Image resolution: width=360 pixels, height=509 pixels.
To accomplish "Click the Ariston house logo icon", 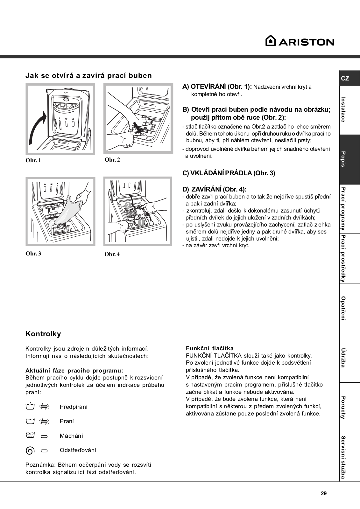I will pos(270,41).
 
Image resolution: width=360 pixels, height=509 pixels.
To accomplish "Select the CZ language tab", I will pos(345,78).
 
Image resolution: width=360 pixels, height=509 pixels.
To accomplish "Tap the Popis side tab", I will pos(343,159).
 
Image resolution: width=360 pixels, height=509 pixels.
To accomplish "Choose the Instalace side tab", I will pos(343,109).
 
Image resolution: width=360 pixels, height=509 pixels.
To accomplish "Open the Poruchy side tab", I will pos(343,407).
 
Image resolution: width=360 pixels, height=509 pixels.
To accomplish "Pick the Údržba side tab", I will pos(343,358).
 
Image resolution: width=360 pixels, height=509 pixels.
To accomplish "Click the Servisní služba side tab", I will pos(343,457).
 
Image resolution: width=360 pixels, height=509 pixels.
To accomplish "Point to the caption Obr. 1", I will pos(33,160).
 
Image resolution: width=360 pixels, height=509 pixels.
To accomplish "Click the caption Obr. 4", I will pos(112,254).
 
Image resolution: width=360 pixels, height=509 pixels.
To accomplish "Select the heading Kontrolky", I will pos(43,334).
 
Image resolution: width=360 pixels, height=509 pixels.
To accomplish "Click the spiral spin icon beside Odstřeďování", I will pos(30,450).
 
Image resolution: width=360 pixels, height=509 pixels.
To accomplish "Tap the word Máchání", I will pos(71,436).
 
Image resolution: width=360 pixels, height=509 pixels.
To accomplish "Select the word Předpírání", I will pos(74,407).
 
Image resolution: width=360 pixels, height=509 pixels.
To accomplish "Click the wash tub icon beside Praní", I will pos(30,421).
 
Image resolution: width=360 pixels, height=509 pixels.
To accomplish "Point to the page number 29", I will pos(323,494).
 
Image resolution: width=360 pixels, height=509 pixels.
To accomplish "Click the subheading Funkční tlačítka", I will pos(209,348).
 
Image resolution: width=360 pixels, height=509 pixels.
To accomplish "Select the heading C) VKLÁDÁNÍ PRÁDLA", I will pos(229,173).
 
